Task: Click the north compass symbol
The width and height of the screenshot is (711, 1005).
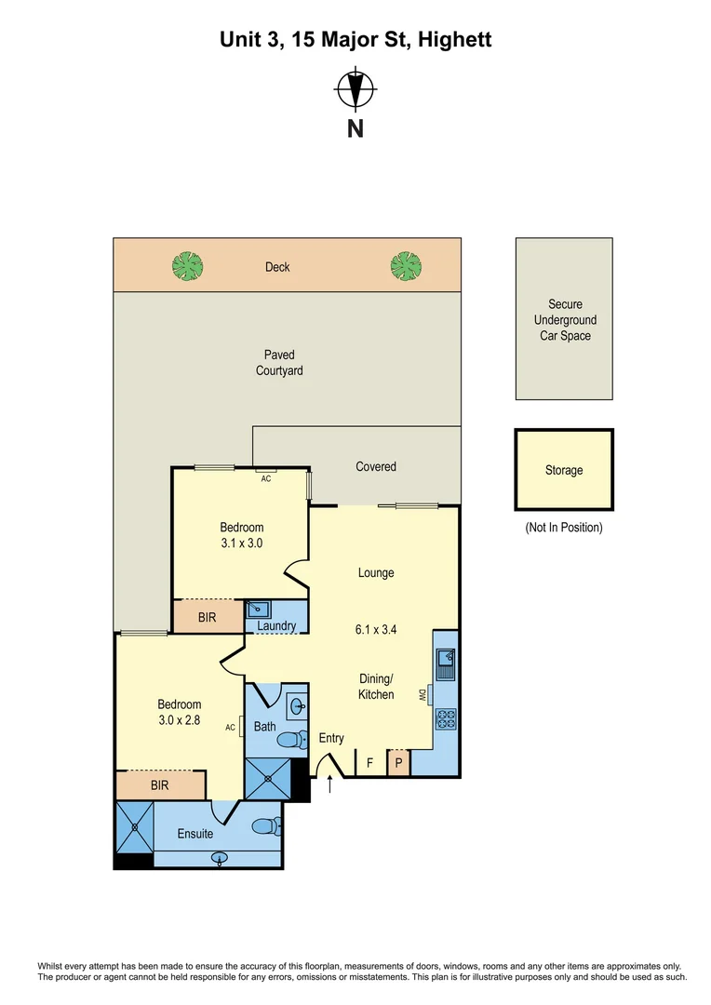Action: pos(355,91)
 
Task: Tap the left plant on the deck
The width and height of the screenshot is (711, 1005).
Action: pos(188,267)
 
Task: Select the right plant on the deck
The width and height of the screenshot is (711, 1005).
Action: pos(406,266)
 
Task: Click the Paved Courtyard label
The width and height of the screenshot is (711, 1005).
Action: pos(279,363)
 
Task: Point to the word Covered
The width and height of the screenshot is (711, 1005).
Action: pos(376,466)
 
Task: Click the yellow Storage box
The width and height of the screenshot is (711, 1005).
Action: pos(564,470)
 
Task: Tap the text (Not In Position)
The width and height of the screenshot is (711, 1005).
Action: pos(564,528)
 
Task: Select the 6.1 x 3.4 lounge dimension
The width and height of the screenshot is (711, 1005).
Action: pos(377,629)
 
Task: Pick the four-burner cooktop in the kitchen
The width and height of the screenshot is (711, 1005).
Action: pos(446,718)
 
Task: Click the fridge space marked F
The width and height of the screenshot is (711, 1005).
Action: pos(369,763)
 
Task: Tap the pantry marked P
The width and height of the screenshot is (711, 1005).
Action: pos(398,763)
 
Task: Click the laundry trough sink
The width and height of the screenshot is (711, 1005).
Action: pos(258,609)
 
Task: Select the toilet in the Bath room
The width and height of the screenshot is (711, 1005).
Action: pos(292,741)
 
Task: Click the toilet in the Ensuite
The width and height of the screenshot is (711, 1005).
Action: pos(267,825)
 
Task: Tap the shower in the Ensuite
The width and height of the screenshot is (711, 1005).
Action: pos(134,825)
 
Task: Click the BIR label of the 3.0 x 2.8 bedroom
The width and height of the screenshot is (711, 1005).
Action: pos(160,785)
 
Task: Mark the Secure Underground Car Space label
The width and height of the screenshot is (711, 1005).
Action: pos(565,320)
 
